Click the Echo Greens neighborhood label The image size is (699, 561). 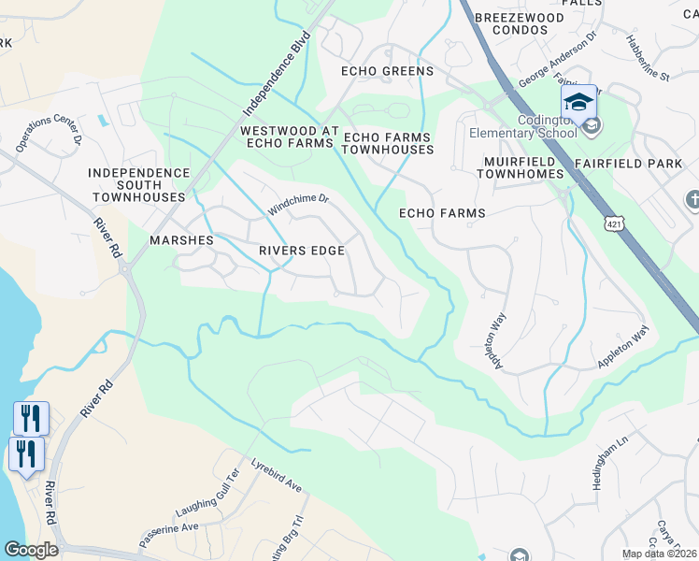tap(387, 71)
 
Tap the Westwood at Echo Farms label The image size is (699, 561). tap(286, 137)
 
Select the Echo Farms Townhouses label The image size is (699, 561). tap(389, 143)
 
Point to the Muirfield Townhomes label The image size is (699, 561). tap(509, 167)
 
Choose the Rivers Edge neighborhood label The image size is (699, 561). tap(302, 251)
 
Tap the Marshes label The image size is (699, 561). tap(181, 240)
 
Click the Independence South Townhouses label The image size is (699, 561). tap(138, 185)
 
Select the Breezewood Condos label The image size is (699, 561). tap(520, 23)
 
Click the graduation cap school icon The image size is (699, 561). tap(578, 101)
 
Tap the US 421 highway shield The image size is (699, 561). tap(612, 224)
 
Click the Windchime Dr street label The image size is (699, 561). tap(299, 204)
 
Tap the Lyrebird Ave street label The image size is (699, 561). tap(277, 476)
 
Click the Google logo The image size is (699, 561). tap(31, 550)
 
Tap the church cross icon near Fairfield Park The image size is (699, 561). tap(692, 199)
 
